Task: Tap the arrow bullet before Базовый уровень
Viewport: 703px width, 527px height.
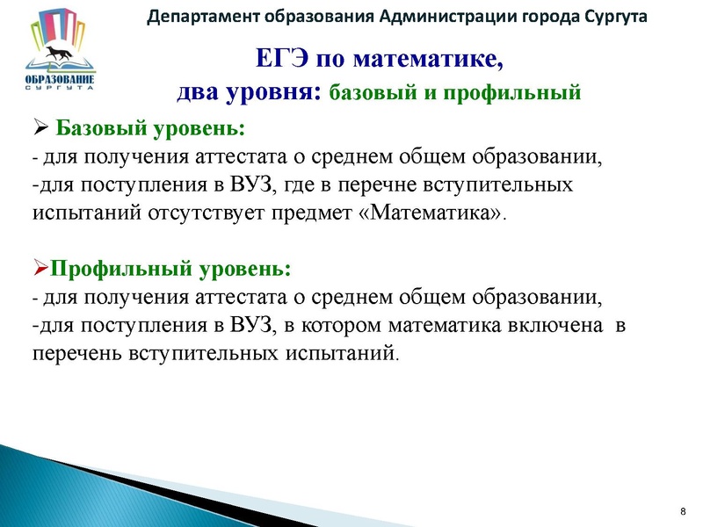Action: pos(39,130)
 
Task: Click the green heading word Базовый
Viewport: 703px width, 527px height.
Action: pos(94,130)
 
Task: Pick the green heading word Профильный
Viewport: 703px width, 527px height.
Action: pos(101,266)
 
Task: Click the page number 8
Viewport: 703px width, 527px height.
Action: pos(684,511)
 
